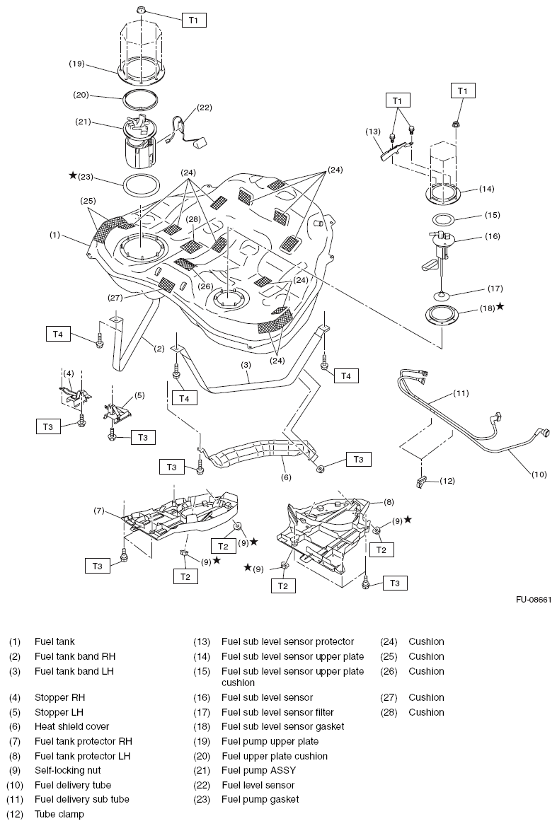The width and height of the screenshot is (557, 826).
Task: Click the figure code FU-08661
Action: tap(533, 600)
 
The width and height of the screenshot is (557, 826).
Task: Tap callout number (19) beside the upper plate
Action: tap(77, 64)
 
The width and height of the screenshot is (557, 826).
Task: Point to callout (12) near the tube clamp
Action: tap(447, 481)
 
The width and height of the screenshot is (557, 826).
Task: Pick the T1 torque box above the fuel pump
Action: tap(194, 21)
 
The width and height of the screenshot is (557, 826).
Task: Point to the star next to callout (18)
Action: tap(500, 306)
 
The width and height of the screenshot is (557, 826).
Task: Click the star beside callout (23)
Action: tap(72, 175)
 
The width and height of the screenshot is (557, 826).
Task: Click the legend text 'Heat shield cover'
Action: tap(71, 726)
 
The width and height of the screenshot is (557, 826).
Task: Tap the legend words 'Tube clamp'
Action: tap(59, 814)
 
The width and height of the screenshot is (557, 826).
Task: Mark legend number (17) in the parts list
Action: tap(202, 712)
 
